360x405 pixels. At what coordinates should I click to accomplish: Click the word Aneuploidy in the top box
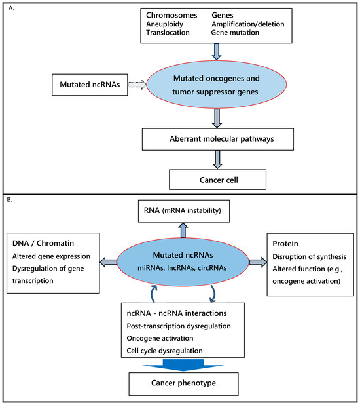click(x=164, y=24)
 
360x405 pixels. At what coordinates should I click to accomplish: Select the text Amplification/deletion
click(x=248, y=24)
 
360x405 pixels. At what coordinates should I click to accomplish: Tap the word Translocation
click(x=168, y=33)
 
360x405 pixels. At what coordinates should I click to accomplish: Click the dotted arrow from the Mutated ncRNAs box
click(x=137, y=85)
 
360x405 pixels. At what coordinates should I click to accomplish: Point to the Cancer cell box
click(x=217, y=180)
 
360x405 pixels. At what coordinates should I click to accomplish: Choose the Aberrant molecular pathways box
click(x=218, y=139)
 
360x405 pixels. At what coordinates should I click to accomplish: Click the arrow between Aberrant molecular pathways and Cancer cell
click(x=217, y=160)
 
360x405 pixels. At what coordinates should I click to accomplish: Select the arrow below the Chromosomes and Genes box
click(x=217, y=52)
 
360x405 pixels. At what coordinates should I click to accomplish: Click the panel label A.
click(x=11, y=9)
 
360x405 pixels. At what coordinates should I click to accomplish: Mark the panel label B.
click(x=10, y=200)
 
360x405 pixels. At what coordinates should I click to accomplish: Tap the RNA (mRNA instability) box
click(x=184, y=211)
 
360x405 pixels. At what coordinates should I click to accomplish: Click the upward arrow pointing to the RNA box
click(x=183, y=230)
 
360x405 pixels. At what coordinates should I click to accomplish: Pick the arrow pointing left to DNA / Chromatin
click(x=109, y=262)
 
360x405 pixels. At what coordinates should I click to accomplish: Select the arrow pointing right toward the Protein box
click(x=258, y=262)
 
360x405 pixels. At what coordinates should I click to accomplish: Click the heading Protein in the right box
click(x=285, y=244)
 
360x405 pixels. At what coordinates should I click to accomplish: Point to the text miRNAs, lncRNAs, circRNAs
click(x=182, y=268)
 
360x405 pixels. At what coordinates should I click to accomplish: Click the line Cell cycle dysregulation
click(x=164, y=351)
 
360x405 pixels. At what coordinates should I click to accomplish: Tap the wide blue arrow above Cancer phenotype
click(x=183, y=365)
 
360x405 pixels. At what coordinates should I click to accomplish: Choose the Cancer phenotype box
click(x=183, y=384)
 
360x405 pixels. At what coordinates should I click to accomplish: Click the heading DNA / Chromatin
click(x=43, y=243)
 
